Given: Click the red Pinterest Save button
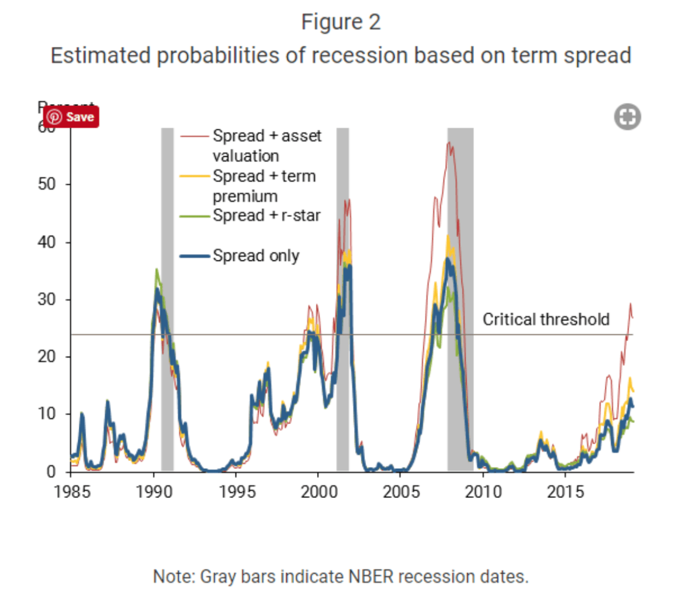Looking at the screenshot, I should [71, 117].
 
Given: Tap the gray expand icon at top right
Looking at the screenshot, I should [627, 117].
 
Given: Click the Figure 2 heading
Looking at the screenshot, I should [340, 22].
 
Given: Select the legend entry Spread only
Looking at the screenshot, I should [255, 256].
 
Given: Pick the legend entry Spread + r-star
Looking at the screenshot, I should [266, 215].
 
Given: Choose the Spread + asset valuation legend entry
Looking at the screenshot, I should [266, 145].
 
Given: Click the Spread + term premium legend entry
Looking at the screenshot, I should [264, 185].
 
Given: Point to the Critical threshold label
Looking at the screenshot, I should [546, 319].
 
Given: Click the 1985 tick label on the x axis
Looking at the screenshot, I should [72, 492].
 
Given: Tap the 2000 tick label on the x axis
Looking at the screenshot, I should [319, 492].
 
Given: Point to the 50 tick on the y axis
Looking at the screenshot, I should [47, 184].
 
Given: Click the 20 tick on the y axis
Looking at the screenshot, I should [47, 357].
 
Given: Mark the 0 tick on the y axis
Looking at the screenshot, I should [51, 471].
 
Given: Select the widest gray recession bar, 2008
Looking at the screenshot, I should [460, 372].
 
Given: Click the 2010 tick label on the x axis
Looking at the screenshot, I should [483, 492].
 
